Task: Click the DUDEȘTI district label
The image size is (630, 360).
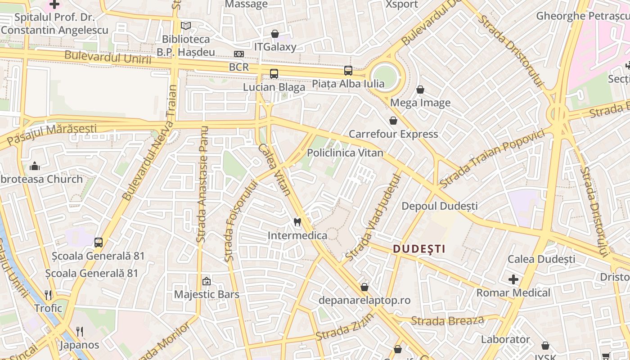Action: [419, 249]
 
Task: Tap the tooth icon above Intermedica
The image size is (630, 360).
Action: [297, 221]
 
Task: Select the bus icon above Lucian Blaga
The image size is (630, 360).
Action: [274, 74]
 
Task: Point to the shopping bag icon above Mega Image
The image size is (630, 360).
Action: [420, 90]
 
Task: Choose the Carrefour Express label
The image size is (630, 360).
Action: [393, 134]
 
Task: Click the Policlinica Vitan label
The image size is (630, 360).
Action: [345, 153]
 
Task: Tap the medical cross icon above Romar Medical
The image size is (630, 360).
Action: [513, 279]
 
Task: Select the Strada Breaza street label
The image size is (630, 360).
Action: [447, 321]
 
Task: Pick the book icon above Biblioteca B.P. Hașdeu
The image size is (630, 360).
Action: [186, 26]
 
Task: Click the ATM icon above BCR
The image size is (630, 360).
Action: [239, 54]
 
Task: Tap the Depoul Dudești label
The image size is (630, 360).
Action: [439, 206]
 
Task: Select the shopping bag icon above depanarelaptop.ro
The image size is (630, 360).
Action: [364, 287]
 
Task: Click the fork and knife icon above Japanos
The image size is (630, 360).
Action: [80, 332]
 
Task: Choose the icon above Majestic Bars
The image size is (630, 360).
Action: [207, 281]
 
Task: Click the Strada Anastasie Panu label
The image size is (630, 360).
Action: [202, 184]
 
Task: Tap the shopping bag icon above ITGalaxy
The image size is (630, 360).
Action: [275, 34]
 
